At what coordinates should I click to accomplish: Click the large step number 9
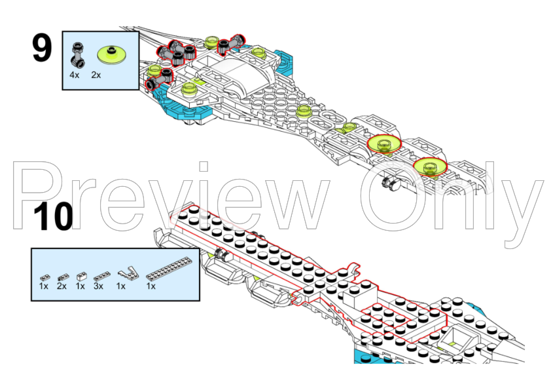point(42,49)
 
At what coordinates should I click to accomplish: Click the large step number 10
point(53,217)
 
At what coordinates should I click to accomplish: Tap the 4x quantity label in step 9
point(75,75)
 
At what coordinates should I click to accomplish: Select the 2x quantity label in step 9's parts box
point(96,75)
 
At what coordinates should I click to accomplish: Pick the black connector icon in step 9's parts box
point(78,55)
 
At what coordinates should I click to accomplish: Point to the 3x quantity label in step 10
point(98,286)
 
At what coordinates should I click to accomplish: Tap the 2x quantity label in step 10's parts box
point(62,286)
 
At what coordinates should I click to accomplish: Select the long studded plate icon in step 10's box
point(169,269)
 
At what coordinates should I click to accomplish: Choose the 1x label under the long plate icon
point(151,286)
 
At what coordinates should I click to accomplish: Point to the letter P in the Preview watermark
point(39,196)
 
